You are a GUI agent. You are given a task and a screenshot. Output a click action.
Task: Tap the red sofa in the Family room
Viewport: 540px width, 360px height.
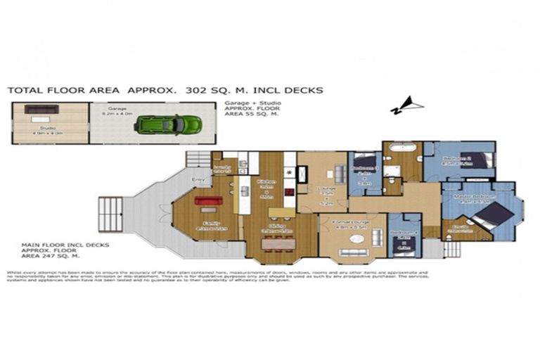click(208, 201)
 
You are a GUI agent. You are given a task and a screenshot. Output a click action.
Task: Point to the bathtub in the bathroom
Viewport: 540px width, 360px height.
click(401, 149)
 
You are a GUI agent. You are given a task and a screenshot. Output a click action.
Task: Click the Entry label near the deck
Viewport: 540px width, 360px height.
click(198, 180)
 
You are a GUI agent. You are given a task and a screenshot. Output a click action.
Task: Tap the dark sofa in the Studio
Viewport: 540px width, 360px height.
click(41, 109)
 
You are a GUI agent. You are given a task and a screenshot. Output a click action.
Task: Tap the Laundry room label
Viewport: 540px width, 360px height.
click(222, 168)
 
